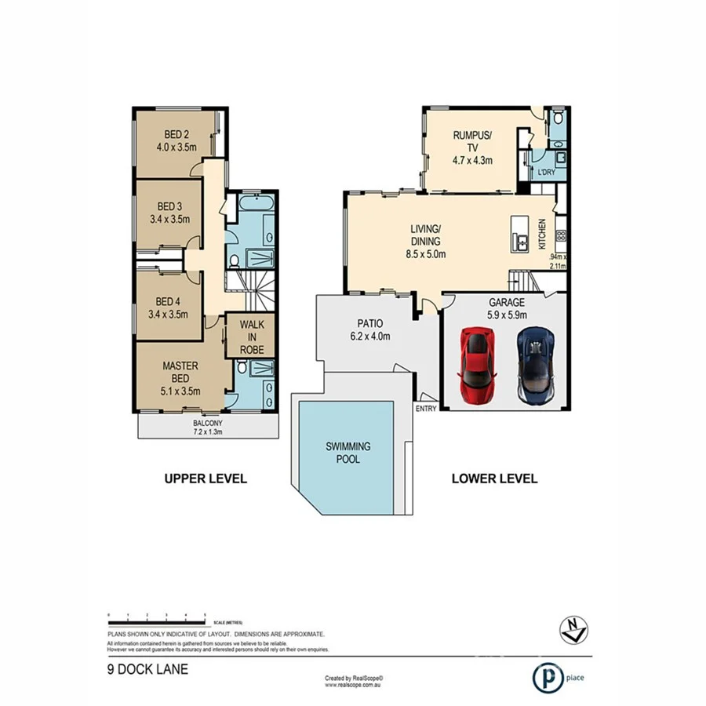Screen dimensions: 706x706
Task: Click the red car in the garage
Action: (x=476, y=364)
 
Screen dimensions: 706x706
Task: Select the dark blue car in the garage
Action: (x=536, y=364)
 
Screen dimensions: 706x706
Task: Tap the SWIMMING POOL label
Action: (x=348, y=453)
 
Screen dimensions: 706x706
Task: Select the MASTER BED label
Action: (x=180, y=377)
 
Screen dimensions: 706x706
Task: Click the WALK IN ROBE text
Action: (x=252, y=336)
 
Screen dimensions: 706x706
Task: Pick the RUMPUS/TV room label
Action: (x=471, y=147)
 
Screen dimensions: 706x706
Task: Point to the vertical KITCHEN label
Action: (x=542, y=234)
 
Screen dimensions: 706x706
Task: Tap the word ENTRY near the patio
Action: (x=425, y=409)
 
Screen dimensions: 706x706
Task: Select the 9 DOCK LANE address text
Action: (x=147, y=670)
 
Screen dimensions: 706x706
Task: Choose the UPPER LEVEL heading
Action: (x=205, y=479)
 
